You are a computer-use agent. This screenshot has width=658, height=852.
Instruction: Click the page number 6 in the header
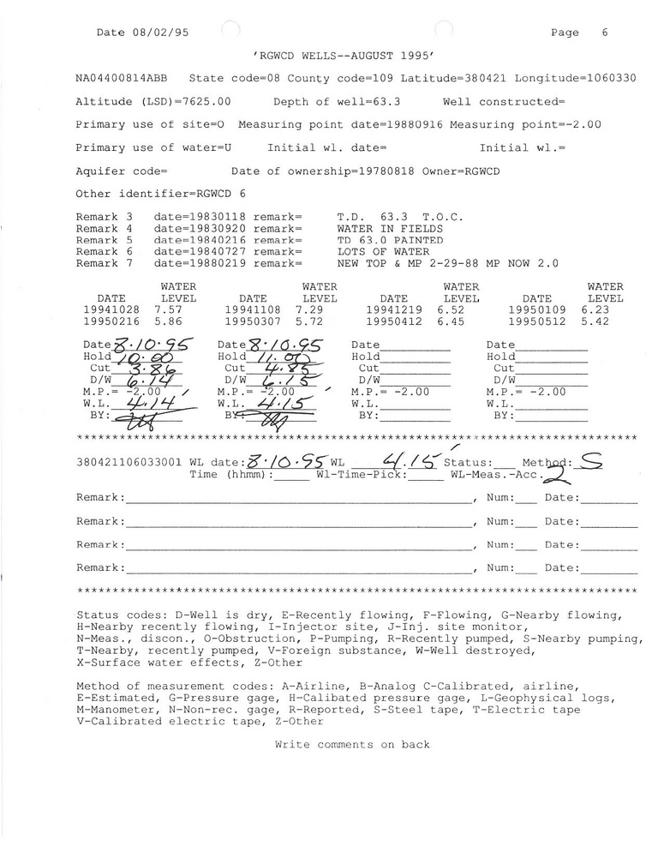point(605,33)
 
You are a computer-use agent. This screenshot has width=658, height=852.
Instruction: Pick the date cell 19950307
point(253,322)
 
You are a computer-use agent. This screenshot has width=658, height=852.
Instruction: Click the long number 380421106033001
point(129,462)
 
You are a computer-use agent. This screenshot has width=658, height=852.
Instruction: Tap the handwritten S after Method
point(590,461)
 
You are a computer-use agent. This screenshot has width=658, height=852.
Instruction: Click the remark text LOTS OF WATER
point(376,252)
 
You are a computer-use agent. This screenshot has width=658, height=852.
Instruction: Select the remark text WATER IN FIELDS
point(390,229)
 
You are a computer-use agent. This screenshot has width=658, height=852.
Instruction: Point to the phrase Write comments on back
point(352,745)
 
